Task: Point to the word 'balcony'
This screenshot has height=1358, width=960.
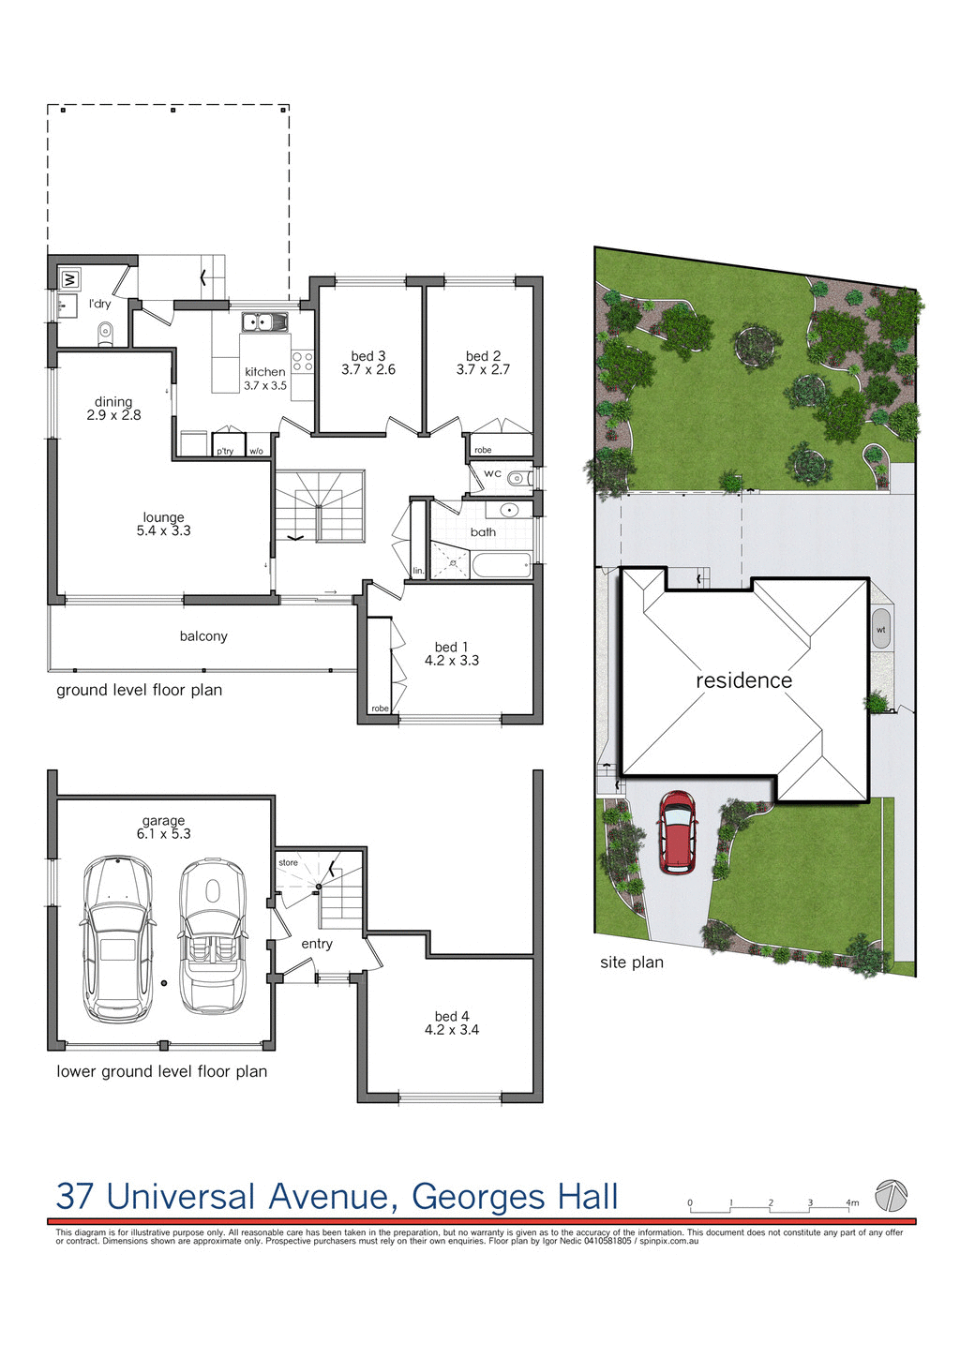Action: (x=203, y=636)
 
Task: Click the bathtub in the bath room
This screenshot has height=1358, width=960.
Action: (x=502, y=566)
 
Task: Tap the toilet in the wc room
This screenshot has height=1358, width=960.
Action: (x=517, y=479)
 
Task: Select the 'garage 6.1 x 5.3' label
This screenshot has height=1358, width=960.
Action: (x=164, y=827)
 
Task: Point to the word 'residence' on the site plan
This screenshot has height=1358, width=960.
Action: (x=743, y=680)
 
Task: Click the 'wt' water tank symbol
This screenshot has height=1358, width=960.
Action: (x=881, y=630)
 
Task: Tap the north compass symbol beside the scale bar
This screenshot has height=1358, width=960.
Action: (x=891, y=1195)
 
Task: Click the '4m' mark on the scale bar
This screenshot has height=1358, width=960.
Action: (x=851, y=1202)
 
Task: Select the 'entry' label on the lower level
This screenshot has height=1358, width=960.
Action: (x=317, y=944)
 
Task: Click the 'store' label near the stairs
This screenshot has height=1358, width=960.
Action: (x=288, y=862)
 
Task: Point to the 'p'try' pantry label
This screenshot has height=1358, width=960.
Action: (x=225, y=451)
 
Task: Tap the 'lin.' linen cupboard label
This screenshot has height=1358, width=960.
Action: (x=418, y=571)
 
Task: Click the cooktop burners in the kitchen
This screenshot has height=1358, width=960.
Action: (x=302, y=362)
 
